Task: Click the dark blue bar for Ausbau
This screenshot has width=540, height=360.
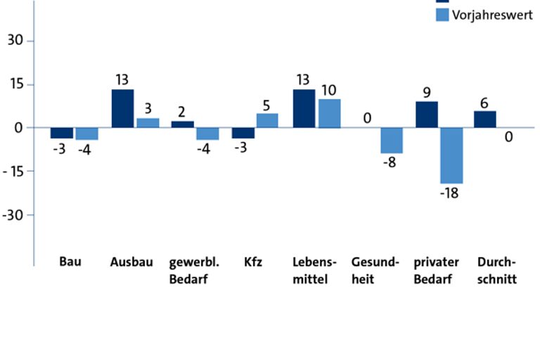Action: coord(122,108)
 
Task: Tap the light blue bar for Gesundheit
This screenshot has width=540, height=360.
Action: coord(392,140)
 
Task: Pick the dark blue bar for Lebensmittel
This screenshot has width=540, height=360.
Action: coord(304,108)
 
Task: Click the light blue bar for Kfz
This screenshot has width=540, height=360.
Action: coord(266,120)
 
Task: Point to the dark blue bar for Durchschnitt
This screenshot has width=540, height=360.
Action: coord(484,119)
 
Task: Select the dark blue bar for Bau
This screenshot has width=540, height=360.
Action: coord(62,133)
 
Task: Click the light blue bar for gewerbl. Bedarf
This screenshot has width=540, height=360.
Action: coord(207,134)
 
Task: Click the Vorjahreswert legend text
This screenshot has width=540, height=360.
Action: coord(492,15)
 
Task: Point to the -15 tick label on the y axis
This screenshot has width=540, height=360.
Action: coord(14,171)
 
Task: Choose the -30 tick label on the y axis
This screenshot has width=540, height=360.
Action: coord(14,214)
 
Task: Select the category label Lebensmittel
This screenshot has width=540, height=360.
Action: coord(315,271)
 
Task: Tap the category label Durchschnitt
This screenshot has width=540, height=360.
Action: coord(496,271)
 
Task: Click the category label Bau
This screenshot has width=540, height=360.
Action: coord(70,262)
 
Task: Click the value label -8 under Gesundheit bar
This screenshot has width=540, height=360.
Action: coord(392,163)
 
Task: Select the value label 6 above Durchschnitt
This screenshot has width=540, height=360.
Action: coord(484,102)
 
